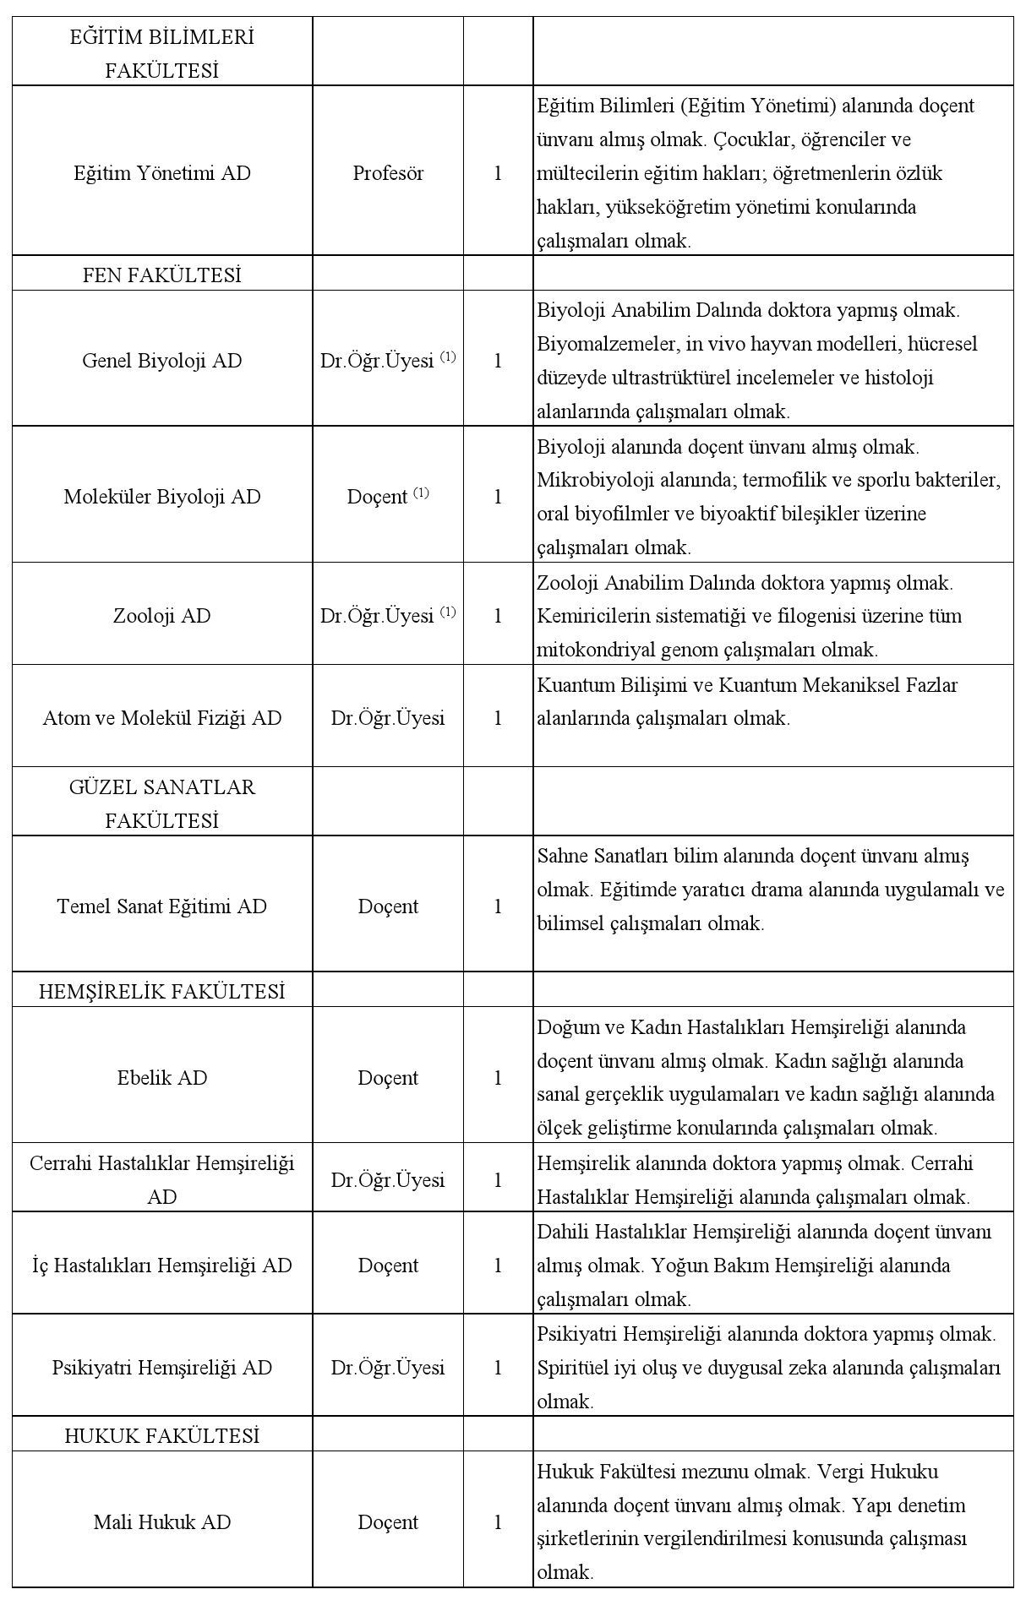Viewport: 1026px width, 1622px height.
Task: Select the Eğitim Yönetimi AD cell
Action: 161,173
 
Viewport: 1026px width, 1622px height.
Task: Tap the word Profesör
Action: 388,173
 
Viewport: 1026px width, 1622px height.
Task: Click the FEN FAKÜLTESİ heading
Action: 161,275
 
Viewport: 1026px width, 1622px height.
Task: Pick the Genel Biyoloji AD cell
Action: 161,361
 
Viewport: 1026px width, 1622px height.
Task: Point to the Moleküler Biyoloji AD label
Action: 161,497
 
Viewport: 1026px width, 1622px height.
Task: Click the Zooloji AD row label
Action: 161,616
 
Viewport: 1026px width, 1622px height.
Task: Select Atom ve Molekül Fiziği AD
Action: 161,718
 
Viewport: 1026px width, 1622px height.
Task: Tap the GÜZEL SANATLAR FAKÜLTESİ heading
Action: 161,803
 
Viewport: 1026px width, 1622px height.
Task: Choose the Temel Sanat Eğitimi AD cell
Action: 161,906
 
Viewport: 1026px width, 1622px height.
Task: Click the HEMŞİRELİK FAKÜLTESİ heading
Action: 161,992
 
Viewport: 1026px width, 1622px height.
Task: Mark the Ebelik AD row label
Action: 161,1078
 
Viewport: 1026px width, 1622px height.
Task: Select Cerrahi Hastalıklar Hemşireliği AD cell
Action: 161,1180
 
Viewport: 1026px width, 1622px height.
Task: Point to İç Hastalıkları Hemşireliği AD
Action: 161,1265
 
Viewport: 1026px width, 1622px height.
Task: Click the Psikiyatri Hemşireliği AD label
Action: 161,1368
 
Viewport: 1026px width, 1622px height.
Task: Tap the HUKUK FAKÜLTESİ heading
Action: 161,1436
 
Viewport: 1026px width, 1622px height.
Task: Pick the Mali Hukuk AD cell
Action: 161,1522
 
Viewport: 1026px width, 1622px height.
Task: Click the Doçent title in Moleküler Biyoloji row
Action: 378,497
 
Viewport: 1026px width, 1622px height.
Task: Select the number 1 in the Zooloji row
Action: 498,616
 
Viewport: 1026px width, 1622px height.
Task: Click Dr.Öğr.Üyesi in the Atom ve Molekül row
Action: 388,718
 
